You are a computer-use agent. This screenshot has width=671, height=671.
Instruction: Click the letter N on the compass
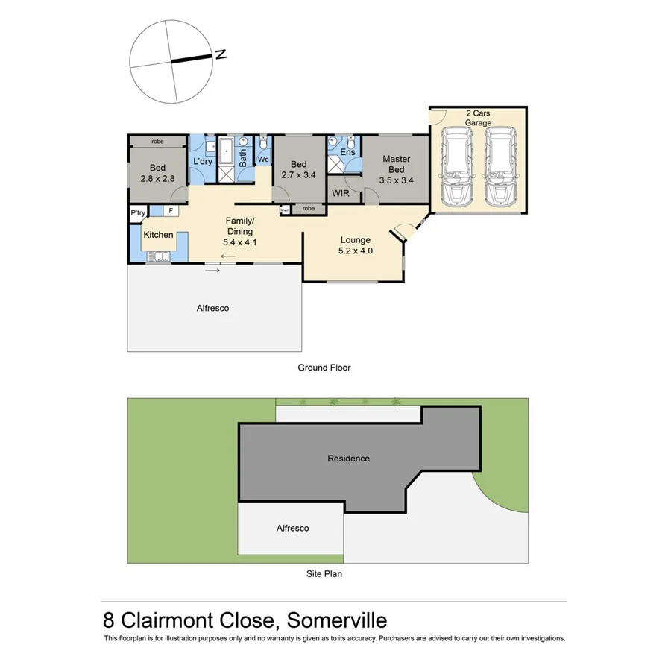[220, 54]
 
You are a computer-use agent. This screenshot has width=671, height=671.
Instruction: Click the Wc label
[263, 160]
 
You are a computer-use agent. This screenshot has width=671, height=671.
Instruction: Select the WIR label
[341, 194]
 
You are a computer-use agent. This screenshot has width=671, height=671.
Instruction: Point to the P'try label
[138, 212]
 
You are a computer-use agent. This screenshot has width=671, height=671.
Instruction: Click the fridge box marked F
[170, 211]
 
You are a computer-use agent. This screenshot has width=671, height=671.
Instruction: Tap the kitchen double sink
[158, 257]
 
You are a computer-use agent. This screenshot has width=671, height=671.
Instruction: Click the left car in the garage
[456, 167]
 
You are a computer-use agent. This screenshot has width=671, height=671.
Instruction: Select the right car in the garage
[500, 167]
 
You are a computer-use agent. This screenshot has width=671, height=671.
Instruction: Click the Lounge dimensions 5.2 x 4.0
[355, 251]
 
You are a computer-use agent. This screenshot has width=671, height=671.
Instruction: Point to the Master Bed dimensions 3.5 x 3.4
[396, 180]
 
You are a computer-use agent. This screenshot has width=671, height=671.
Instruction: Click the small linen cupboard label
[284, 211]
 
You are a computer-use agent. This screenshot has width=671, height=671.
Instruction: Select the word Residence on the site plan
[348, 459]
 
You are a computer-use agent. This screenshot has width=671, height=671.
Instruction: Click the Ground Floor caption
[324, 368]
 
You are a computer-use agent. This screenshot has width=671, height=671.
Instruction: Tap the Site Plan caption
[324, 574]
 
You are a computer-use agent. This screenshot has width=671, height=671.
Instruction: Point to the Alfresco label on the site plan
[292, 528]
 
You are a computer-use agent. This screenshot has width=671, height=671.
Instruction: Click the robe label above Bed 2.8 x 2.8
[157, 141]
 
